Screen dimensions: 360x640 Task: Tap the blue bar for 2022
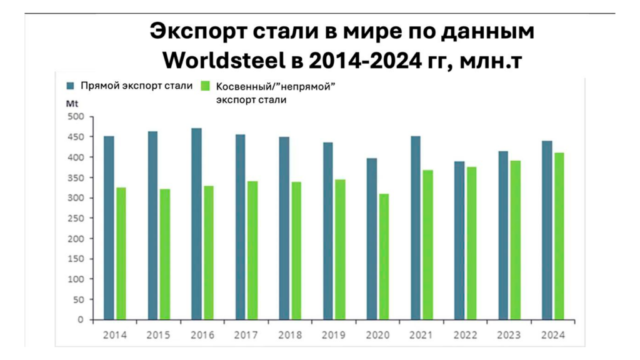click(459, 240)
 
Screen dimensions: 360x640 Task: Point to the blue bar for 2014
click(109, 227)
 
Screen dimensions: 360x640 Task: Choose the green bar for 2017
click(252, 250)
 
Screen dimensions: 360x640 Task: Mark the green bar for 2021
click(427, 244)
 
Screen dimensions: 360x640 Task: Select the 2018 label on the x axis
click(290, 336)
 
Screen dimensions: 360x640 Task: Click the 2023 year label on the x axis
click(509, 336)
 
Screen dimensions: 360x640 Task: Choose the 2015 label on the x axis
click(159, 336)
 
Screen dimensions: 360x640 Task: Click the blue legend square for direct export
click(71, 86)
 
